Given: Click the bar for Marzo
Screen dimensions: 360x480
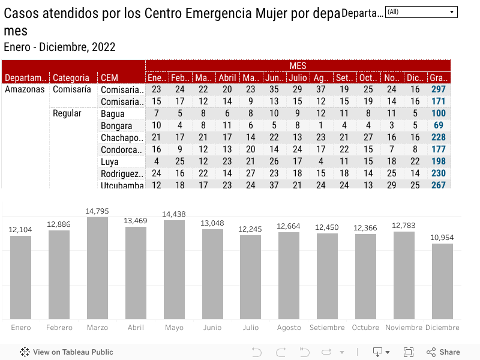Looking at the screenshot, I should pyautogui.click(x=97, y=268).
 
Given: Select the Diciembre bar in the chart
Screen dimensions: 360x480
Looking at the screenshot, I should pyautogui.click(x=442, y=281).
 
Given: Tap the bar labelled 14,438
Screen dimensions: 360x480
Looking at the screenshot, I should pyautogui.click(x=174, y=270).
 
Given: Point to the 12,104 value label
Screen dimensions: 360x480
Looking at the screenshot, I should pyautogui.click(x=20, y=230).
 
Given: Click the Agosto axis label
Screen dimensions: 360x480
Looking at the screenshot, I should pyautogui.click(x=289, y=328).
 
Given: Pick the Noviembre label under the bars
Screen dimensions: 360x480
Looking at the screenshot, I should pyautogui.click(x=404, y=328).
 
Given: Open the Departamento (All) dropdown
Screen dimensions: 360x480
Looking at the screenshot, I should pyautogui.click(x=421, y=12).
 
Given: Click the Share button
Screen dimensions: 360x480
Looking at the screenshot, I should pyautogui.click(x=443, y=352).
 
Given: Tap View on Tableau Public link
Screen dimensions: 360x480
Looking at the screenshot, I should pyautogui.click(x=67, y=352).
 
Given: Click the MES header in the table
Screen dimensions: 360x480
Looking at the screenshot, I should pyautogui.click(x=298, y=65).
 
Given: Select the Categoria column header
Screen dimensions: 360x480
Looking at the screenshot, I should pyautogui.click(x=71, y=77).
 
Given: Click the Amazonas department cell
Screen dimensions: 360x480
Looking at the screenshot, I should pyautogui.click(x=25, y=89).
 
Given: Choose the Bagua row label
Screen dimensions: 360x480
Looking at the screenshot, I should pyautogui.click(x=113, y=113).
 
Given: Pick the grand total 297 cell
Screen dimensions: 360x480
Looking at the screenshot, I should pyautogui.click(x=438, y=89).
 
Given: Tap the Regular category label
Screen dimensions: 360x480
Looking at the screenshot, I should pyautogui.click(x=67, y=113).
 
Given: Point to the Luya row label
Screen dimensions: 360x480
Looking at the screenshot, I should pyautogui.click(x=110, y=161).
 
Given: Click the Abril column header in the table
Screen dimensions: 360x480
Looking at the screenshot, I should pyautogui.click(x=227, y=77).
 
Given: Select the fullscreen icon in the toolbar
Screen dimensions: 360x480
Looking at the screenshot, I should pyautogui.click(x=409, y=352).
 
